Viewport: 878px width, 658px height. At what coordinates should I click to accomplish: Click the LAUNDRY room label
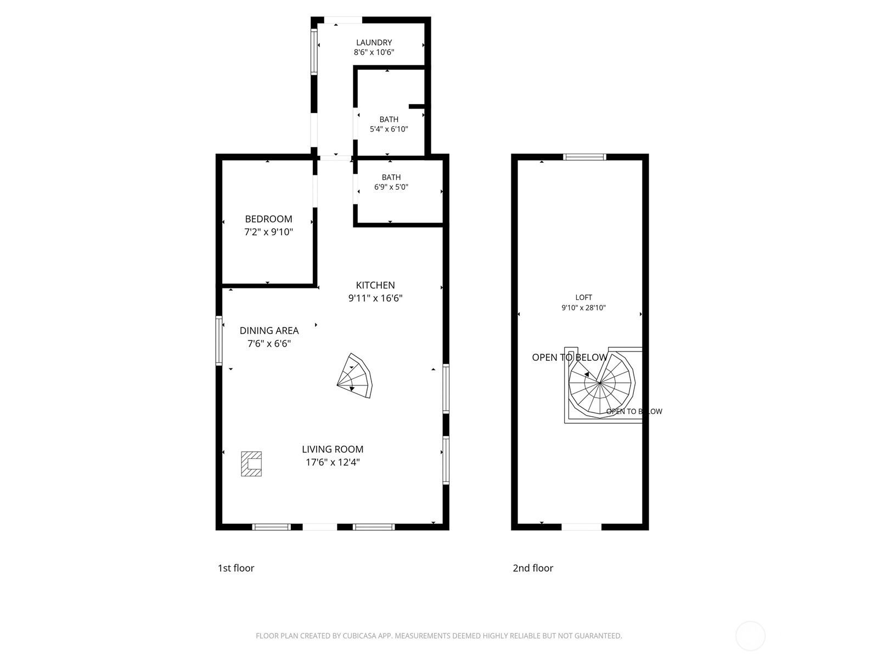click(x=374, y=42)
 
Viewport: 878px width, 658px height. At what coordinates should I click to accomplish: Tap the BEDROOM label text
click(x=268, y=219)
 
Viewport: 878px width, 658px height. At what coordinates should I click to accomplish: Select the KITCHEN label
click(x=375, y=285)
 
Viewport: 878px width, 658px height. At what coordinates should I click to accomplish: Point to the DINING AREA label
click(x=269, y=331)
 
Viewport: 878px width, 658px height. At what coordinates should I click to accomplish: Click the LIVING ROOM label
click(x=333, y=449)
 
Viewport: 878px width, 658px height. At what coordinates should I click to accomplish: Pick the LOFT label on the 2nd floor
click(x=584, y=297)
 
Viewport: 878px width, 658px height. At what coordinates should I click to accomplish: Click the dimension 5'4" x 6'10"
click(x=389, y=129)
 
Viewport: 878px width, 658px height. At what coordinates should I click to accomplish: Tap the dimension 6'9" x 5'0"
click(x=391, y=187)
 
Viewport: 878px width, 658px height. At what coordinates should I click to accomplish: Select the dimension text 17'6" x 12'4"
click(x=333, y=462)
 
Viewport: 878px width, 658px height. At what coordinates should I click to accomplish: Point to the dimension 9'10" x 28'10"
click(x=584, y=308)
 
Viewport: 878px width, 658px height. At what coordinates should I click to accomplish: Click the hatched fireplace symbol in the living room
click(x=251, y=464)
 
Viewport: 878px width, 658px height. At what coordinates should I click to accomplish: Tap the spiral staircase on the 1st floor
click(x=355, y=376)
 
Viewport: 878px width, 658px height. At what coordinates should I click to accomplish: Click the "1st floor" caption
click(x=235, y=568)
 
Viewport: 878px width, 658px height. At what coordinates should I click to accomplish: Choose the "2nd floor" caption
click(x=533, y=568)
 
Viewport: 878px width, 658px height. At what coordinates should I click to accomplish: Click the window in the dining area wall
click(x=219, y=341)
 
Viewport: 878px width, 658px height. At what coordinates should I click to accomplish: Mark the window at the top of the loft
click(x=584, y=157)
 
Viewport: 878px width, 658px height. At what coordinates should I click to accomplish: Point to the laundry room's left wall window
click(x=314, y=52)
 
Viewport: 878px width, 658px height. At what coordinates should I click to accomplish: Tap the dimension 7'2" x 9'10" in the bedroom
click(x=268, y=232)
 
